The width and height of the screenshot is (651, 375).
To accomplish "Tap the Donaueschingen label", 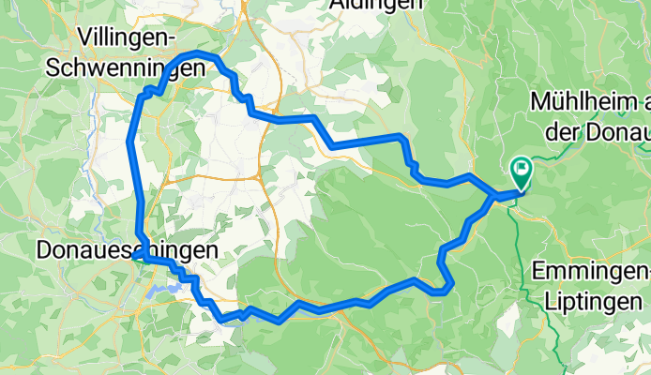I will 126,250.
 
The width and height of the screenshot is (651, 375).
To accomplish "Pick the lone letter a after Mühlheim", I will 642,100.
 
